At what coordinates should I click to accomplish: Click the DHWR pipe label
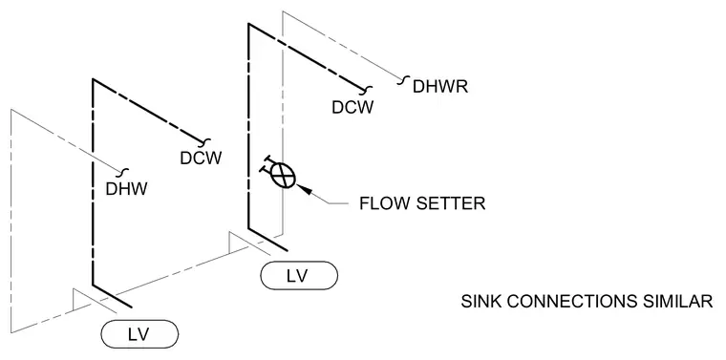[440, 87]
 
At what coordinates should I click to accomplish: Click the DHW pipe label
[126, 189]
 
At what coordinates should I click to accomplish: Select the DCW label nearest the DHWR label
[352, 107]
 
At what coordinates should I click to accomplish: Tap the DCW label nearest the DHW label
[201, 159]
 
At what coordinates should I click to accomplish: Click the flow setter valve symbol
[279, 175]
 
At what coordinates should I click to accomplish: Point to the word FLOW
[378, 203]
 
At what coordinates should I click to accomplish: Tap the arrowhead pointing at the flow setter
[304, 189]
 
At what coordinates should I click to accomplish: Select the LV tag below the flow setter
[299, 276]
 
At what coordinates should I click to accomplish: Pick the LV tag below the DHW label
[139, 333]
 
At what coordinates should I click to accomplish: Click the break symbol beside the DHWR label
[402, 80]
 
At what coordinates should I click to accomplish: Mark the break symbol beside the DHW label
[124, 173]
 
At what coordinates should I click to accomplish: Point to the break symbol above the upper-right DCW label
[368, 89]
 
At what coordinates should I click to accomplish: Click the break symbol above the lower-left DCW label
[205, 140]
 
